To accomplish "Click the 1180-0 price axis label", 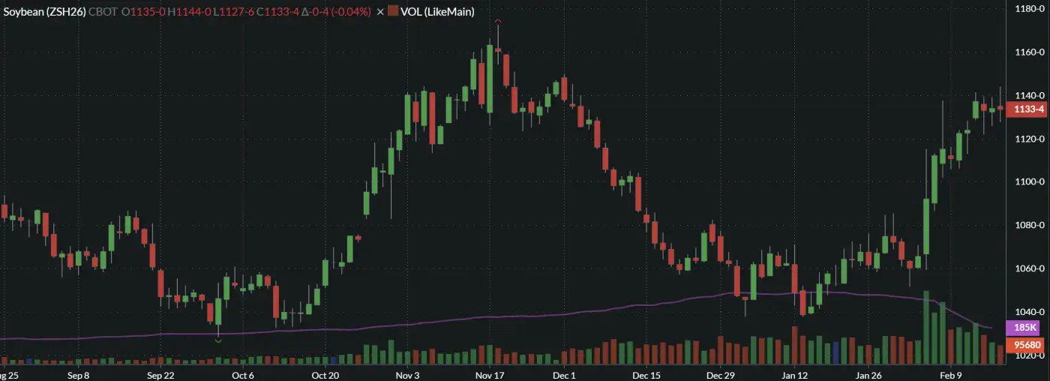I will (x=1025, y=9).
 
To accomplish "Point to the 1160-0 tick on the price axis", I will (x=1025, y=52).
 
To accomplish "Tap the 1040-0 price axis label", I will (x=1025, y=312).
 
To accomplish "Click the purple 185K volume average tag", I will (x=1025, y=328).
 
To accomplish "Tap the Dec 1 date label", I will (x=563, y=375).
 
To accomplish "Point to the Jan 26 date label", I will (x=868, y=375).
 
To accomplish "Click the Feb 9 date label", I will (x=950, y=375).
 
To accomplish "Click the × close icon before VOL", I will (x=379, y=12).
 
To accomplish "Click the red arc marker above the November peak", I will (x=498, y=22).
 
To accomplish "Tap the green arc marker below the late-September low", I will (x=218, y=340).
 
